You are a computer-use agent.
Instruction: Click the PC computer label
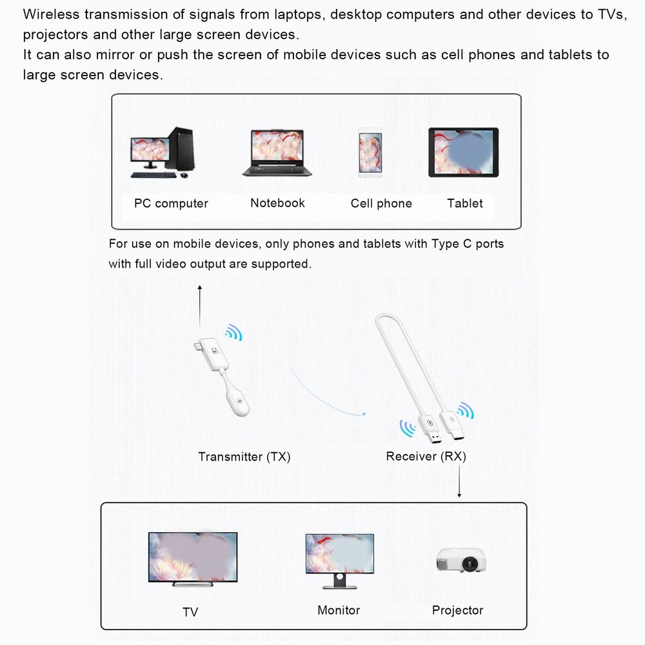(171, 204)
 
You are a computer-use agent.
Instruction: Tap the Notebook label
(277, 203)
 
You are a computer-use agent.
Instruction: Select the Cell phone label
(381, 203)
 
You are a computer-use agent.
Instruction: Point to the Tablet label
(465, 203)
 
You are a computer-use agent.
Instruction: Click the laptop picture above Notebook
(277, 153)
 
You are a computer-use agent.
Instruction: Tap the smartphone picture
(370, 153)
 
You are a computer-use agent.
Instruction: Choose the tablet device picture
(464, 152)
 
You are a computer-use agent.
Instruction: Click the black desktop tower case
(180, 148)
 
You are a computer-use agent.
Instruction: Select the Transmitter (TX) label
(244, 457)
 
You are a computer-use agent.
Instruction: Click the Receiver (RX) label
(426, 456)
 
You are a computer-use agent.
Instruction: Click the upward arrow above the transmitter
(200, 307)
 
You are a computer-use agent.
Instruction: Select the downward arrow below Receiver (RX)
(459, 482)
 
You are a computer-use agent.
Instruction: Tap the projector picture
(462, 561)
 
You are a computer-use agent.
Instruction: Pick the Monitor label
(339, 610)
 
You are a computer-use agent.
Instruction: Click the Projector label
(457, 610)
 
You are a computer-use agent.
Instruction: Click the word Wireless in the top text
(51, 14)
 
